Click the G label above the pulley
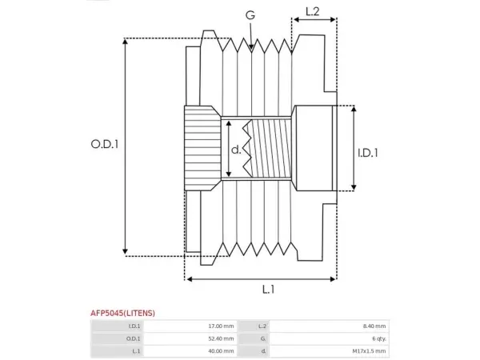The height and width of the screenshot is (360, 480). point(250,14)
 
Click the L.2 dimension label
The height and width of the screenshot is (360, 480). point(313,11)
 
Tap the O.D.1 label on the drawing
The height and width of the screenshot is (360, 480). point(104,144)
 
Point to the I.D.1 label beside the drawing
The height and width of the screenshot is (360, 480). point(368,153)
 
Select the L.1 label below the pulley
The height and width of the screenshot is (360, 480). point(269,289)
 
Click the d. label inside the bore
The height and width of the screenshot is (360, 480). point(236,150)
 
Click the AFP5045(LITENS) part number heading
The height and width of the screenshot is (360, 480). point(122,313)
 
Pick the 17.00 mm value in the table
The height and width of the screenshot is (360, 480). point(221,326)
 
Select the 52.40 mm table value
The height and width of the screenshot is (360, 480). point(221,338)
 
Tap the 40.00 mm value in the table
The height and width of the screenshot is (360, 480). point(221,351)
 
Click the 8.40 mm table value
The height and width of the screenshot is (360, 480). point(374,326)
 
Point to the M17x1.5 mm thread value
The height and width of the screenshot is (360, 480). point(369,351)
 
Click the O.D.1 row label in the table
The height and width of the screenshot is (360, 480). point(133,338)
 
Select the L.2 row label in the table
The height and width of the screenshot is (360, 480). point(262,326)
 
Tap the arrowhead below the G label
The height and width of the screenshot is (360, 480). point(251,46)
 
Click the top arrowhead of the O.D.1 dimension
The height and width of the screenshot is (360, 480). point(125,42)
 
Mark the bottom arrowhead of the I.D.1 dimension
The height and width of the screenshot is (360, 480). point(354,187)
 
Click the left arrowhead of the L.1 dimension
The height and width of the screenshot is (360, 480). point(190,279)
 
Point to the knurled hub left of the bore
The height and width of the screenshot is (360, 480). point(202,148)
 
